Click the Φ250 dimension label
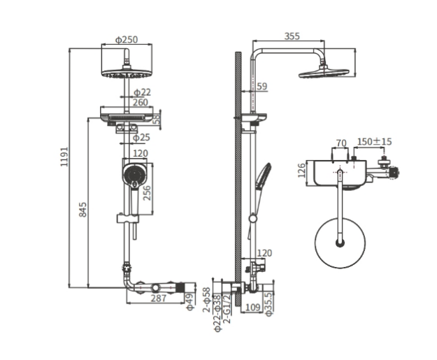pos(126,40)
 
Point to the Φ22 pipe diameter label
pos(141,92)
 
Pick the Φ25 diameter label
pos(141,138)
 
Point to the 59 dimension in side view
pos(262,87)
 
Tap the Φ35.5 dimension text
pos(270,303)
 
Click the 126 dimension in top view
pos(302,171)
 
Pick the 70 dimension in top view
pos(341,143)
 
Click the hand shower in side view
pos(263,177)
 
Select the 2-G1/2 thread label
pos(228,307)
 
